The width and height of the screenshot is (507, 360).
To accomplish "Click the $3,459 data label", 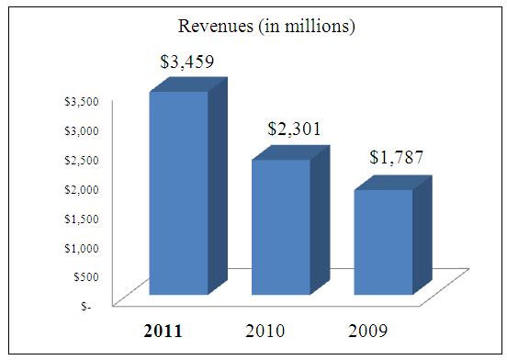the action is point(187,62).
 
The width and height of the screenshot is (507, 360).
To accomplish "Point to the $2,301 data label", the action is point(294,129).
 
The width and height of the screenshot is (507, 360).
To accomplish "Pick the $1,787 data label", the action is point(397,157).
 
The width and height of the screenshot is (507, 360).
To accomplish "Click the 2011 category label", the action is point(163,331).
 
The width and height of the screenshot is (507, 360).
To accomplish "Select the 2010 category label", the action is point(265,331).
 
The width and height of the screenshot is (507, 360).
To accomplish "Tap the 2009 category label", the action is point(367,331).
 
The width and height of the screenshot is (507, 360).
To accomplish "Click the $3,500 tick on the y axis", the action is point(82,101).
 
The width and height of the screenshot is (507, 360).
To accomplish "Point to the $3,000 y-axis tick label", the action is point(82,131).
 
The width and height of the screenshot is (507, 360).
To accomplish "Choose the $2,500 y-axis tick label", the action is point(82,160).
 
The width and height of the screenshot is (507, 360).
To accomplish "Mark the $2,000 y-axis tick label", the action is point(82,189).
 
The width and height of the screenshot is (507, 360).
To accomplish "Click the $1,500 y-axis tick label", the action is point(82,219).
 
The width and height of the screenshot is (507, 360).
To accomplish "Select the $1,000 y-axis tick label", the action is point(82,248).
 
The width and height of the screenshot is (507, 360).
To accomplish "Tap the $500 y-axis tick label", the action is point(86,277).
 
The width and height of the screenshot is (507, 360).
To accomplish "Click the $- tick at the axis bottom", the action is point(86,306).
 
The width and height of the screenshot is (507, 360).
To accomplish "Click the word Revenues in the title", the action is point(216,26).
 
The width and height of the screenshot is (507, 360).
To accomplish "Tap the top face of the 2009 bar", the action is point(393,183).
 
